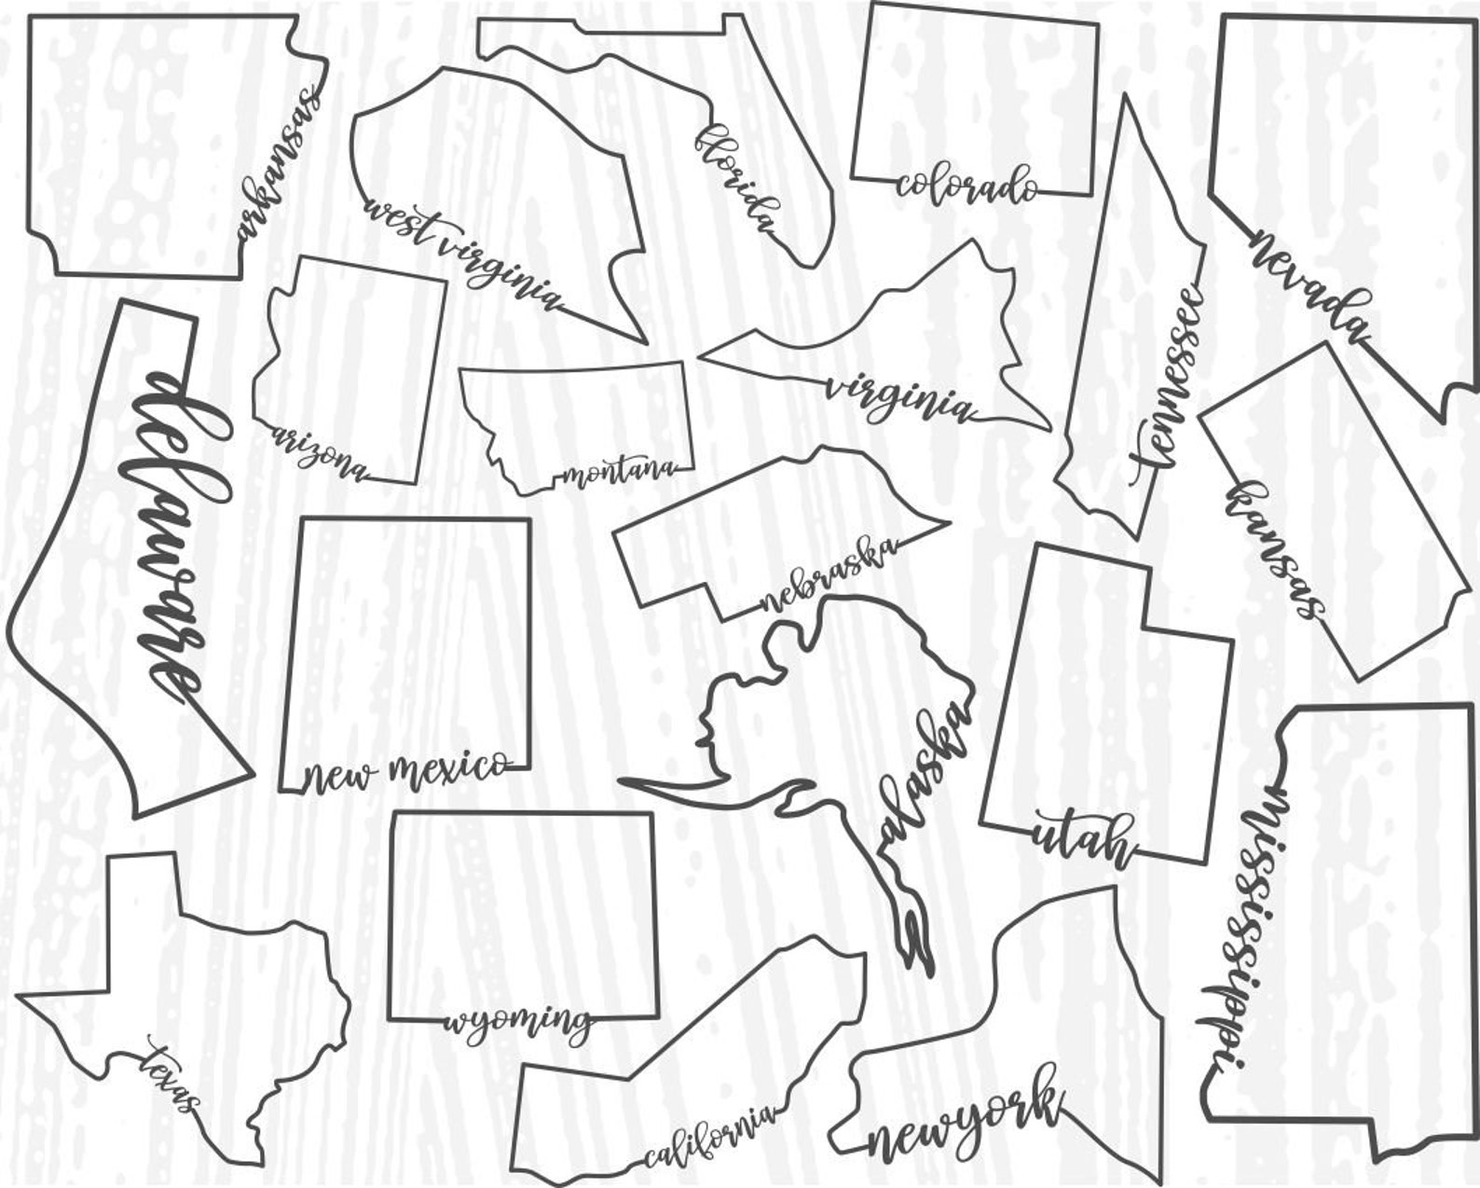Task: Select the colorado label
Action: point(967,183)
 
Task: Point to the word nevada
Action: point(1310,288)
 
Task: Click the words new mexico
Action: point(406,771)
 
